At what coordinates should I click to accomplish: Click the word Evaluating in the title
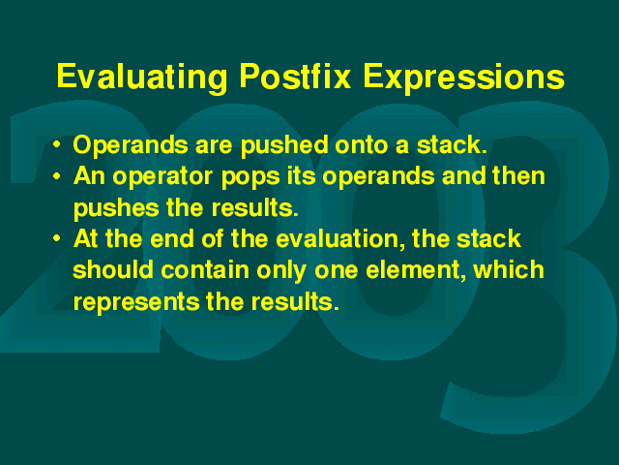point(142,77)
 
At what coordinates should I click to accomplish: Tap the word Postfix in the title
point(295,76)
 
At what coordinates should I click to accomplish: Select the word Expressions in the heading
point(464,77)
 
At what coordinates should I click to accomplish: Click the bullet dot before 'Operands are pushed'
point(57,144)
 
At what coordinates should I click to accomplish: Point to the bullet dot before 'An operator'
point(57,176)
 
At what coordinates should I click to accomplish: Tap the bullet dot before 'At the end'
point(57,238)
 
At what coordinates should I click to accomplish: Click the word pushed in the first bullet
point(284,145)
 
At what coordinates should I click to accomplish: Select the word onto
point(362,145)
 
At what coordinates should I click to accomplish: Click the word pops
point(251,177)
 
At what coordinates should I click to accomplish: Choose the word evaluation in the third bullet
point(340,239)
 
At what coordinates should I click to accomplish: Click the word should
point(113,270)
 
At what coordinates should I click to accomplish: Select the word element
point(415,271)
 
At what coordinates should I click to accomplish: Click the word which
point(509,270)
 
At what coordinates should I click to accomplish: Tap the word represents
point(136,303)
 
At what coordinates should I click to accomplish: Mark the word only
point(281,271)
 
